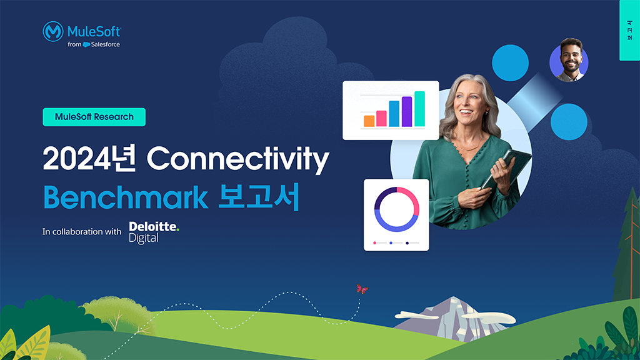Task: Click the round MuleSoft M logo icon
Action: click(53, 31)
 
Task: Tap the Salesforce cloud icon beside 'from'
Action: click(86, 44)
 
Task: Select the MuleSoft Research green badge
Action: click(94, 117)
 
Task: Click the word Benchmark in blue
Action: click(125, 197)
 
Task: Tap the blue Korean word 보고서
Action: click(259, 197)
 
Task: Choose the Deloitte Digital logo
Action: click(154, 232)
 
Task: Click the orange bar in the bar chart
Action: click(369, 121)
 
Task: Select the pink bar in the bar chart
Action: click(381, 118)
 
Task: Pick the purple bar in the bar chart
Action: click(406, 111)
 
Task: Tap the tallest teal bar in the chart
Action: click(419, 109)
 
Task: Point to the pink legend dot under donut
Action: click(375, 243)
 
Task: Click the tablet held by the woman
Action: click(507, 168)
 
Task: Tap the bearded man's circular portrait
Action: click(569, 61)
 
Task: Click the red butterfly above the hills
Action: click(362, 289)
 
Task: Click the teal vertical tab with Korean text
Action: click(629, 30)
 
